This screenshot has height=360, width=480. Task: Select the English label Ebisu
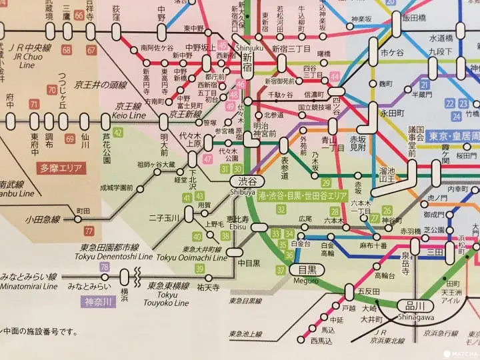click(x=237, y=226)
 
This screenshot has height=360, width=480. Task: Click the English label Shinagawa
click(x=415, y=316)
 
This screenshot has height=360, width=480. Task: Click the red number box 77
click(x=89, y=231)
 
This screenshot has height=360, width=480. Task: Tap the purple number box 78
click(x=104, y=267)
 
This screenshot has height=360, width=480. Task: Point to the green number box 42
click(x=118, y=133)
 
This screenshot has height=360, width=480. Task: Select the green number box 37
click(x=281, y=270)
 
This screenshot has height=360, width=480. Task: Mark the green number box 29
click(x=326, y=183)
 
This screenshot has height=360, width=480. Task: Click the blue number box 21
click(x=424, y=85)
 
